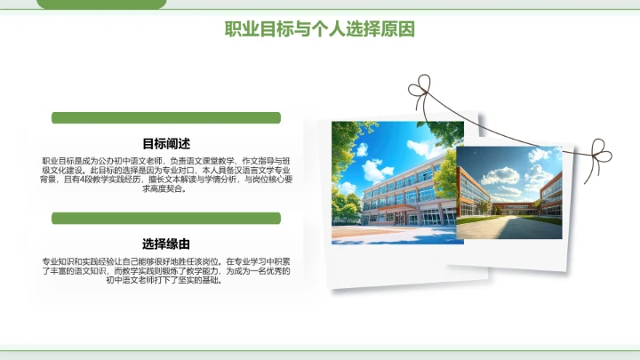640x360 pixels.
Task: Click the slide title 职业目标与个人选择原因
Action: tap(320, 29)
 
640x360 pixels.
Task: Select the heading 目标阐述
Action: tap(166, 143)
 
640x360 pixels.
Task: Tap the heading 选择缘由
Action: tap(166, 244)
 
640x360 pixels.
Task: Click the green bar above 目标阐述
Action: tap(166, 117)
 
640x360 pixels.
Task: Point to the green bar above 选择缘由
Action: tap(166, 218)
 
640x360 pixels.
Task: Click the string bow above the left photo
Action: tap(426, 89)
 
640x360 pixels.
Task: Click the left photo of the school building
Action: tap(391, 182)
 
